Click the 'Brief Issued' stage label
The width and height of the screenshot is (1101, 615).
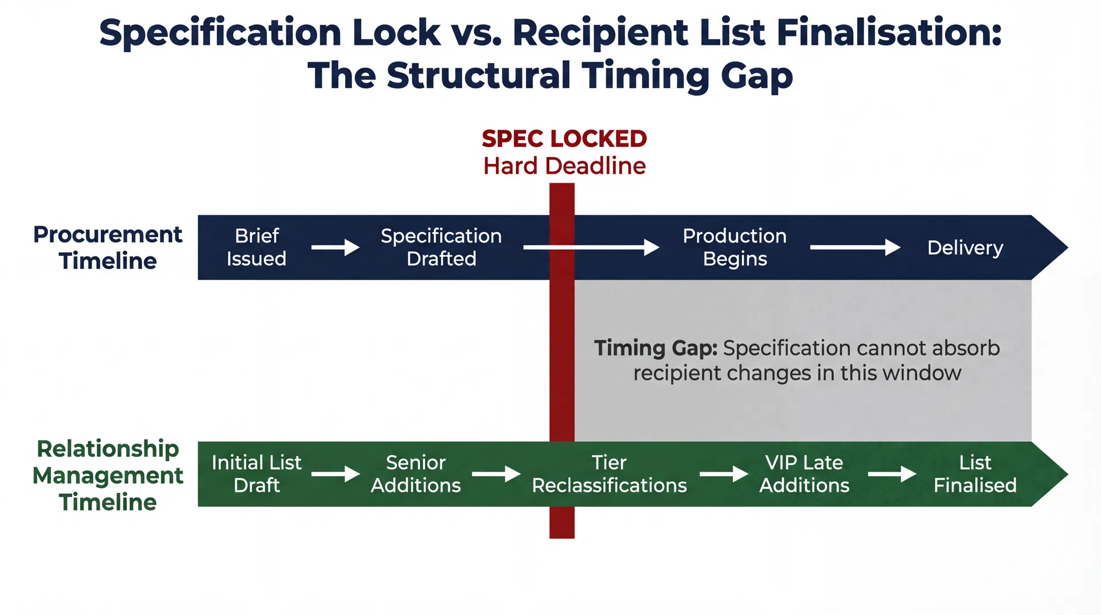(256, 247)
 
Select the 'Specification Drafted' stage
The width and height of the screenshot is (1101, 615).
(441, 247)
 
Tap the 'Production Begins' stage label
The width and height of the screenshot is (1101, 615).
(735, 247)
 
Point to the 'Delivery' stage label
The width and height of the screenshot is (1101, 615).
(965, 248)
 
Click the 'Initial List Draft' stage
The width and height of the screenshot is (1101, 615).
(256, 474)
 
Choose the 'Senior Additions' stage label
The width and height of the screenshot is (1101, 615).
(416, 474)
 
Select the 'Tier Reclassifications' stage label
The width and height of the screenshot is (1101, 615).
(609, 474)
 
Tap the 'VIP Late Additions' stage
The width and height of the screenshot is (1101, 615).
(804, 474)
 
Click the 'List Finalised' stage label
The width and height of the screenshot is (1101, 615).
(975, 474)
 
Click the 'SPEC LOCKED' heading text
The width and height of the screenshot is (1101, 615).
(564, 139)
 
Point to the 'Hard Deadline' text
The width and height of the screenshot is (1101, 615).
(564, 166)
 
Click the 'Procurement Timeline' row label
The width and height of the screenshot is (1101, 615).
(108, 247)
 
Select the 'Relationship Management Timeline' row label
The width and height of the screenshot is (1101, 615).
(108, 475)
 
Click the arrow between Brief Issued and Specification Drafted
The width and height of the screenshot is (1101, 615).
(335, 247)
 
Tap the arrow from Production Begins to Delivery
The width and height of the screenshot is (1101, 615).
(855, 247)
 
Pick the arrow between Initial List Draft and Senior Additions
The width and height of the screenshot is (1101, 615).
(335, 474)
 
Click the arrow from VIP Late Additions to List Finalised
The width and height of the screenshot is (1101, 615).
(892, 474)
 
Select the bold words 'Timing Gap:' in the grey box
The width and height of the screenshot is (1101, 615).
(655, 348)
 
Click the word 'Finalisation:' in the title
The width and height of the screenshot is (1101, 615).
(889, 32)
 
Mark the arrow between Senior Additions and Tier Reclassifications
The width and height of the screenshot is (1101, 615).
(496, 474)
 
